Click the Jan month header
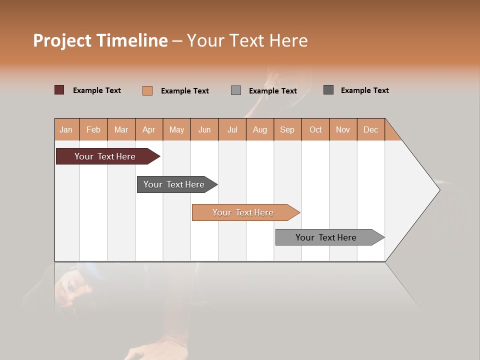point(66,129)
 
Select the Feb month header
point(93,129)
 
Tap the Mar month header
point(121,129)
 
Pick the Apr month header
point(149,129)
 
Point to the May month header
point(176,129)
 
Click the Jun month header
point(204,129)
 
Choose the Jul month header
point(232,129)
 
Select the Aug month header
point(260,129)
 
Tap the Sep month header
point(287,129)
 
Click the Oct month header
point(315,129)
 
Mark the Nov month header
point(343,129)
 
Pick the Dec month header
point(371,129)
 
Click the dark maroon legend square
point(59,90)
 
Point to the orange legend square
point(147,90)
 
